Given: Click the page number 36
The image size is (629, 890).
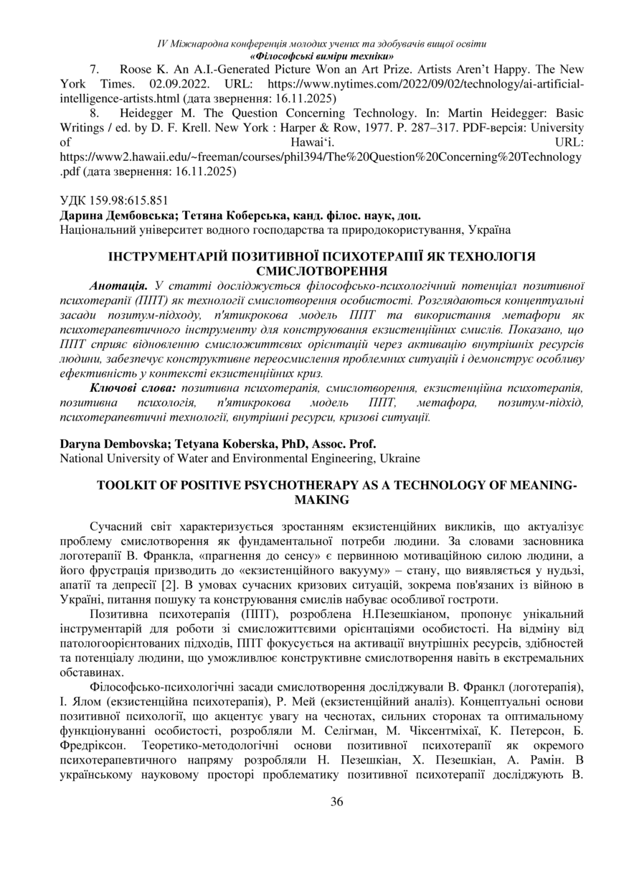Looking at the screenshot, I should coord(336,802).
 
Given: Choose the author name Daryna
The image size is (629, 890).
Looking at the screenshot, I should coord(82,444).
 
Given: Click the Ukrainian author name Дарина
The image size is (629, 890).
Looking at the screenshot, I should coord(80,216).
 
